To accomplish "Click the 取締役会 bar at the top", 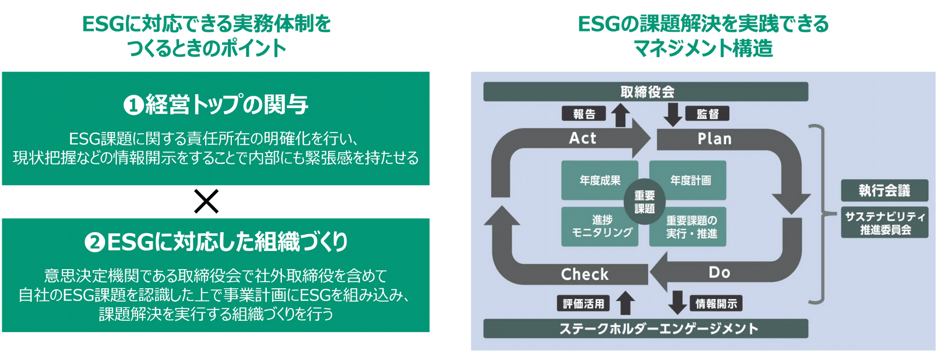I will [x=646, y=92].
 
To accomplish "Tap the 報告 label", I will [x=583, y=114].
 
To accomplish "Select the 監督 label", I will [x=707, y=114].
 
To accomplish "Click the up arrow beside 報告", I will [x=620, y=115].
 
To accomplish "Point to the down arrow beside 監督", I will [x=672, y=114].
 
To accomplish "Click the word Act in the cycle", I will [x=582, y=138].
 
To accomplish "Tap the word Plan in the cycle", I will [x=715, y=139].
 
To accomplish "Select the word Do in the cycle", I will [x=720, y=273].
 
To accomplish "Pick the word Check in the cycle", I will [x=584, y=274].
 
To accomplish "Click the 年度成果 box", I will [x=599, y=180].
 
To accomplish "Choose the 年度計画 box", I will [x=690, y=180].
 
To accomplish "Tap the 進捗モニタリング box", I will [x=600, y=227].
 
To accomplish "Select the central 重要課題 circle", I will [x=644, y=202].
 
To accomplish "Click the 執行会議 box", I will [x=884, y=191].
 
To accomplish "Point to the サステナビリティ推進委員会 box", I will [x=884, y=223].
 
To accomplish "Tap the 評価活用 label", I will [x=583, y=304].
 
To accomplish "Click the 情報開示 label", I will [x=716, y=304].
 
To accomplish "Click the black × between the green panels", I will [x=206, y=201].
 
